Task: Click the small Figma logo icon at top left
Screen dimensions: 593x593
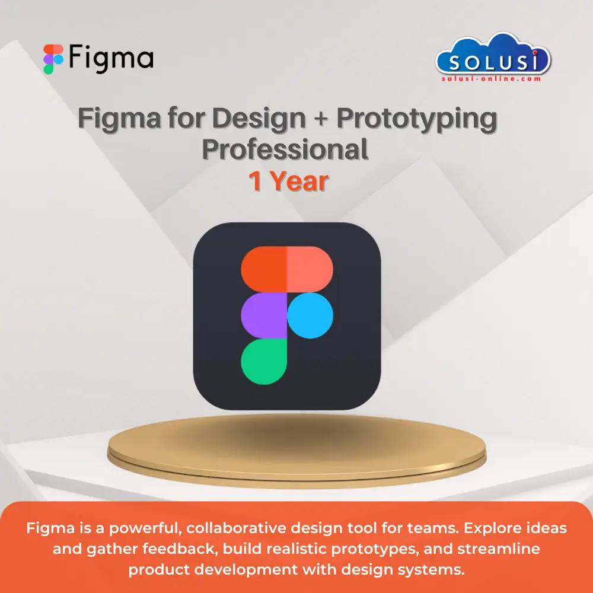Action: tap(53, 59)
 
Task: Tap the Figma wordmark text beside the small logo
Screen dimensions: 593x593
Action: tap(111, 58)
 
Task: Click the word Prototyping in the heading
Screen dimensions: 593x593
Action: tap(417, 119)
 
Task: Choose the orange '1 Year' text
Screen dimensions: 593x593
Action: tap(288, 181)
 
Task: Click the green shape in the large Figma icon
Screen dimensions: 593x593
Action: tap(264, 361)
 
